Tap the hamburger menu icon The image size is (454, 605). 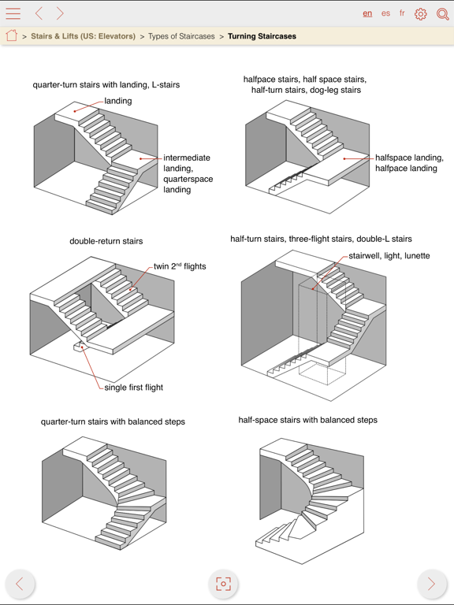[x=13, y=13]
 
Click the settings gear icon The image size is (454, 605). [x=420, y=14]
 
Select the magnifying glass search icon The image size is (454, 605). [x=442, y=14]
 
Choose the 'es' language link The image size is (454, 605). [x=385, y=13]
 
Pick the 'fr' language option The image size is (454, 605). [x=402, y=13]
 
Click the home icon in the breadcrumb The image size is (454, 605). [x=12, y=35]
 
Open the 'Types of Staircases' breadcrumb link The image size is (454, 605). [x=181, y=36]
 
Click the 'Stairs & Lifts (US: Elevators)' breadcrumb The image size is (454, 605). [x=83, y=36]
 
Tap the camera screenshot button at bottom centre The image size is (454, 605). [x=223, y=584]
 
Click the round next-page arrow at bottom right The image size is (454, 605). [x=432, y=584]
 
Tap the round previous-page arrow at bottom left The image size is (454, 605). [x=20, y=584]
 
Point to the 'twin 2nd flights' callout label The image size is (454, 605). [x=180, y=266]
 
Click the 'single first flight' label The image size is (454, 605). [x=133, y=388]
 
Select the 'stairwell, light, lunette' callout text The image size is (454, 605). [x=389, y=256]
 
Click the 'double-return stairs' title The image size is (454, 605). [x=106, y=241]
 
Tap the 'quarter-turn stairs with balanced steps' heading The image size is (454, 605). [x=113, y=421]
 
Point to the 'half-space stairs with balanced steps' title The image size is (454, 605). [x=307, y=420]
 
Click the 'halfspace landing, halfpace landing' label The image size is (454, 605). [x=409, y=163]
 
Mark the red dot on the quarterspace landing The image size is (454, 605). [x=141, y=158]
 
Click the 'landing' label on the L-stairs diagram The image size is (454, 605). [x=118, y=101]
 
